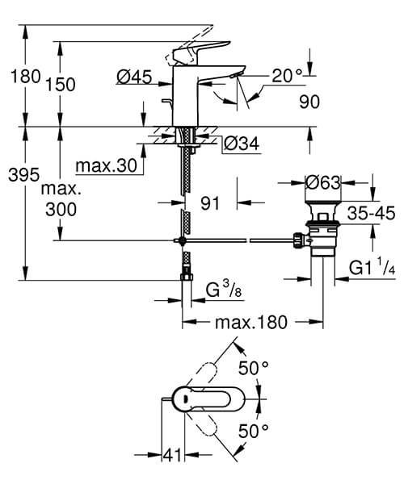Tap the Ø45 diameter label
pyautogui.click(x=134, y=77)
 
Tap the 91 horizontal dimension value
pyautogui.click(x=211, y=204)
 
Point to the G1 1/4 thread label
pyautogui.click(x=372, y=268)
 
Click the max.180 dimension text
pyautogui.click(x=251, y=323)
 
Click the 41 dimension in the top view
pyautogui.click(x=171, y=456)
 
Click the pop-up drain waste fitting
pyautogui.click(x=322, y=234)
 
